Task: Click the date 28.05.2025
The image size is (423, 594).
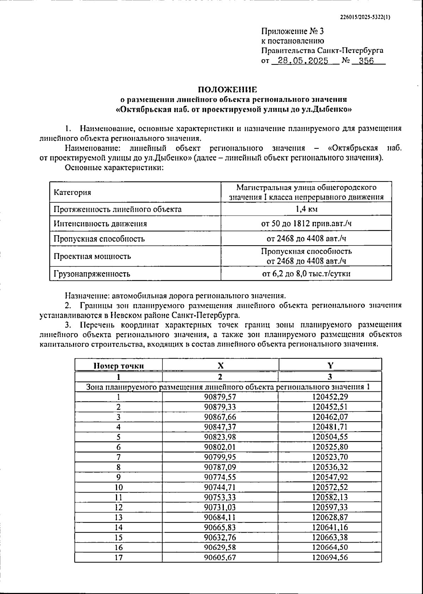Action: (303, 61)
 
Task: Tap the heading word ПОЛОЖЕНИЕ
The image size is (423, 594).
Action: (227, 89)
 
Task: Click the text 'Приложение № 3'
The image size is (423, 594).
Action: (288, 31)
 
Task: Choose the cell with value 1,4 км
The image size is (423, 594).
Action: (306, 209)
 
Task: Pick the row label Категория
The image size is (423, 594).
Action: (72, 192)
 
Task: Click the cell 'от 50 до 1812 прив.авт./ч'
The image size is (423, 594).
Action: (306, 224)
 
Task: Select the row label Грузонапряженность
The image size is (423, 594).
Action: (92, 274)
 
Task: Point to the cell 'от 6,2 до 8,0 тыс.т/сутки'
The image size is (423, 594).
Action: (306, 274)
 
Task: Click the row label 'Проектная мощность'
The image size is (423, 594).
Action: (92, 256)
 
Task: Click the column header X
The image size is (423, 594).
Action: (220, 366)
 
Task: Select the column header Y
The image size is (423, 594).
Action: (330, 366)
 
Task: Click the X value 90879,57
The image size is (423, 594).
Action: (220, 397)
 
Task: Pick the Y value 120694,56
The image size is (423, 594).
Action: (330, 557)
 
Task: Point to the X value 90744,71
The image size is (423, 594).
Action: (220, 487)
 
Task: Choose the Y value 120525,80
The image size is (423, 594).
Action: (330, 447)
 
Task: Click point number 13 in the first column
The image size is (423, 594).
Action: (118, 517)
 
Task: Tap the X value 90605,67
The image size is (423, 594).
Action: (220, 557)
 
